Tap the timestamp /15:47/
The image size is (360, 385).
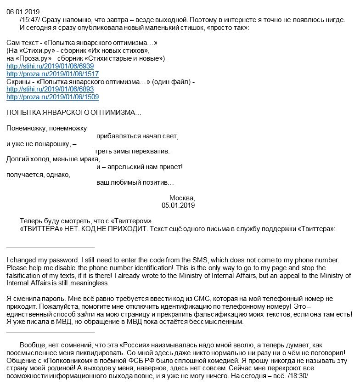pos(33,20)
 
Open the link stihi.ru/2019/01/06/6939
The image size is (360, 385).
pos(50,66)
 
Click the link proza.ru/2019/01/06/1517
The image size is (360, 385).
pos(52,74)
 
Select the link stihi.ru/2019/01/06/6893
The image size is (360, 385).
pos(50,90)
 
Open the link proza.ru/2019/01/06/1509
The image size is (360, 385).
pos(52,97)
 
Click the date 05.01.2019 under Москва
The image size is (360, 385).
pos(178,206)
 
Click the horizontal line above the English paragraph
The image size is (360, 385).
pos(51,248)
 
